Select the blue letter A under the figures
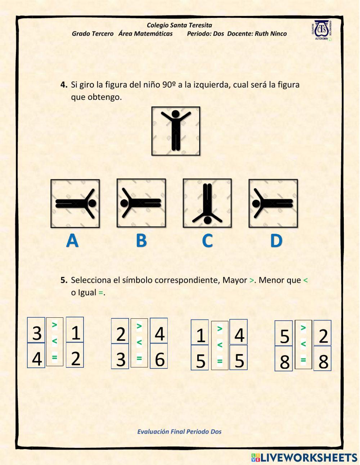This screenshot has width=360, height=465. (72, 241)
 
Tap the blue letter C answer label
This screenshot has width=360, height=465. (207, 241)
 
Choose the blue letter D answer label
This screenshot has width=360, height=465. (276, 241)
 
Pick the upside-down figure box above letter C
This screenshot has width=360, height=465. (207, 203)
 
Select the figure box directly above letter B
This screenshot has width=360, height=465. (141, 203)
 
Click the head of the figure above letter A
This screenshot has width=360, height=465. (92, 203)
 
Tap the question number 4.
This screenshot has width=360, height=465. (64, 85)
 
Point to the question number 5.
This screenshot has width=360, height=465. (64, 280)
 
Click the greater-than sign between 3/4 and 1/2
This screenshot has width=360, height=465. (54, 325)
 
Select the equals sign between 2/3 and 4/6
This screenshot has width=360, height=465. (139, 358)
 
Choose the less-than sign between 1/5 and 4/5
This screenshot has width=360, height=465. (220, 345)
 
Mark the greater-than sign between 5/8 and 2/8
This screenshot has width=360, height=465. (303, 328)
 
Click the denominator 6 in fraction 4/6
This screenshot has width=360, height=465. (159, 359)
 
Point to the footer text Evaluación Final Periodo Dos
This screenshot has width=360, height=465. (179, 432)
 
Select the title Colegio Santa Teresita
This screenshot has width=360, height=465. (179, 25)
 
